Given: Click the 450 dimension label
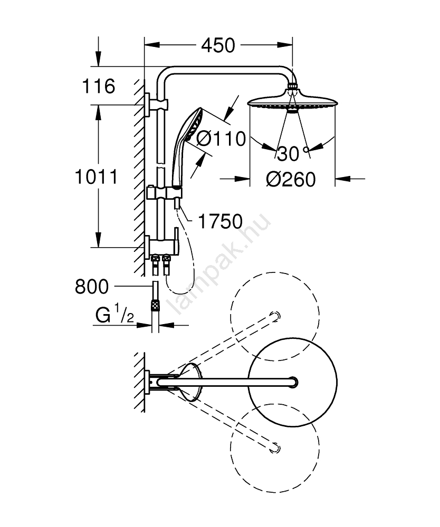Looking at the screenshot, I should (217, 46).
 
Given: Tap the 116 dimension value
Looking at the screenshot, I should (99, 86).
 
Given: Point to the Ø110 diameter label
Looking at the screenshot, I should (221, 139).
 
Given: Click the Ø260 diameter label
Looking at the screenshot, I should (291, 179).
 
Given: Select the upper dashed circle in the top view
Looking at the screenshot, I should (274, 316).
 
